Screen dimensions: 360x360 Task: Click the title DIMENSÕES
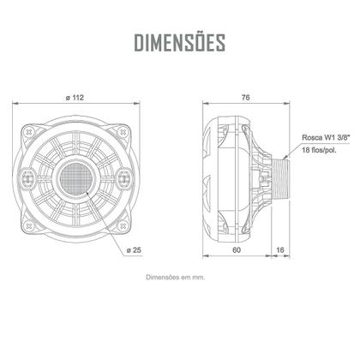click(x=180, y=42)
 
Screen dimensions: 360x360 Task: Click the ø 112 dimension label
click(x=75, y=98)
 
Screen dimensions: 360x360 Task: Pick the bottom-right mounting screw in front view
click(x=123, y=225)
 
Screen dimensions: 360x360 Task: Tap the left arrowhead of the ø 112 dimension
click(x=15, y=105)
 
